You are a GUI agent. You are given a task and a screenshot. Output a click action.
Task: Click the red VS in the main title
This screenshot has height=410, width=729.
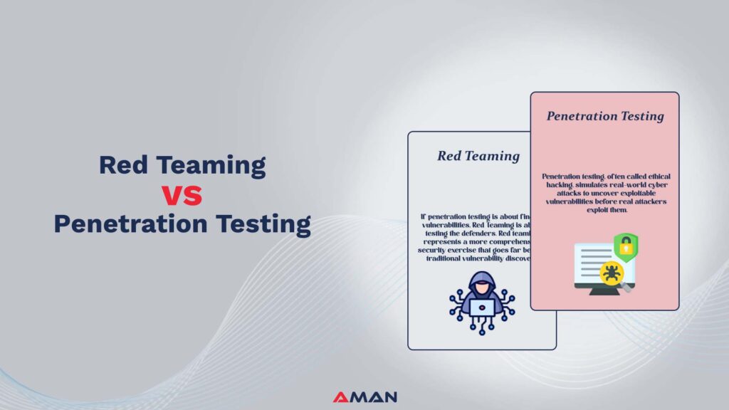click(182, 194)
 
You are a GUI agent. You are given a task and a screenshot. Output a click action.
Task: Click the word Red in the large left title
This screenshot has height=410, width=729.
click(127, 165)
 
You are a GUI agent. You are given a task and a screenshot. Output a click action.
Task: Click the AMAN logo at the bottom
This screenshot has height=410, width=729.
click(364, 397)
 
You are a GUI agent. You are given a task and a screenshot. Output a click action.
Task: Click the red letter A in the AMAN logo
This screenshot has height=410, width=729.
click(340, 397)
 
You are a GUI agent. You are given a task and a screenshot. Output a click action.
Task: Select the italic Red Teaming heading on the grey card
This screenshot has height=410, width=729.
click(478, 156)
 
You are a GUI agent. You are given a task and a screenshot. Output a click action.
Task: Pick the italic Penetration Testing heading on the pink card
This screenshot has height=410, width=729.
click(605, 116)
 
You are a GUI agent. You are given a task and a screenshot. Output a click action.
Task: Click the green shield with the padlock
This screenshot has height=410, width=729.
click(626, 245)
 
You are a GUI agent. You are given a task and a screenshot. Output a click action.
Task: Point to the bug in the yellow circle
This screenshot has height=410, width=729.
click(611, 272)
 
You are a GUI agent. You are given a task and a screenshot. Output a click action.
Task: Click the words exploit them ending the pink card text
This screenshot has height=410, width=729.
click(604, 210)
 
